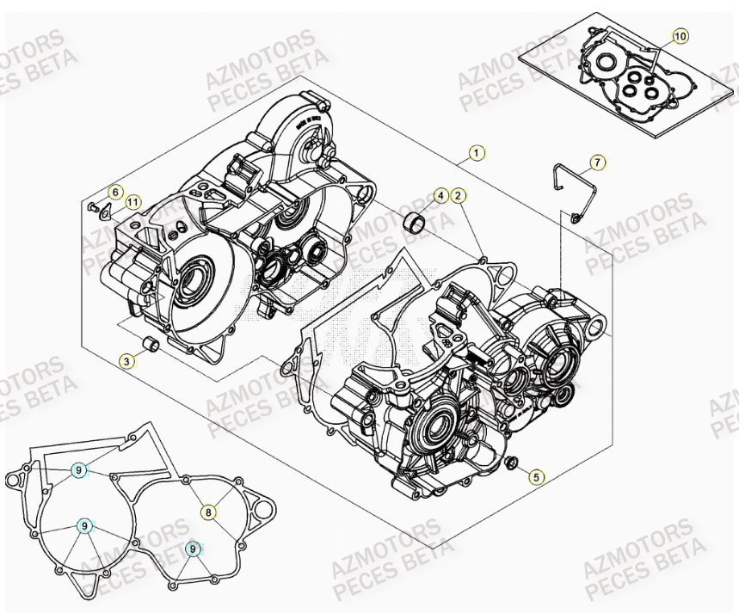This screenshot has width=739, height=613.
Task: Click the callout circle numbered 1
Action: tap(476, 154)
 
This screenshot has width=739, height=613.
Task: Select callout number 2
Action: tap(458, 196)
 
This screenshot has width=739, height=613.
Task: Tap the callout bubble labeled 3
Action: tap(126, 362)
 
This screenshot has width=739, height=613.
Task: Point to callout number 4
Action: tap(440, 196)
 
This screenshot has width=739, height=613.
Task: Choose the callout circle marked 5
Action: tap(537, 475)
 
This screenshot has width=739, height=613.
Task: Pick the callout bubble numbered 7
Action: tap(597, 162)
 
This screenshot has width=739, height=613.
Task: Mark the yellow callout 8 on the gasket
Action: tap(208, 512)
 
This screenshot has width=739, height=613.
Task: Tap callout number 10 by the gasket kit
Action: tap(680, 36)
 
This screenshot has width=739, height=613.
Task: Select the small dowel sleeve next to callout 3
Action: tap(151, 346)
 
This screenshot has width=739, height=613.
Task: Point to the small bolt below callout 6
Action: tap(91, 208)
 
